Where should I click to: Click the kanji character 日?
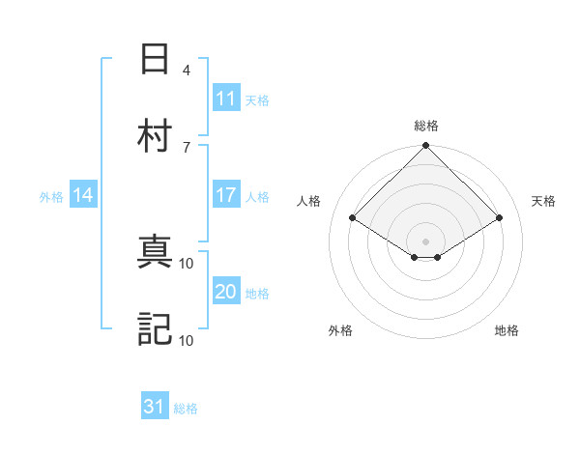pos(155,59)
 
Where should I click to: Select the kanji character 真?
pos(155,253)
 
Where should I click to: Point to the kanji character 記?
pos(155,328)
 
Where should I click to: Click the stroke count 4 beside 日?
pos(186,70)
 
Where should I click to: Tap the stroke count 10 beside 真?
pos(187,264)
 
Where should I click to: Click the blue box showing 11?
pos(225,98)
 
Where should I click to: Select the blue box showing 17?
pos(225,194)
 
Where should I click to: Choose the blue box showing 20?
pos(225,291)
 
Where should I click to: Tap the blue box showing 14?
pos(83,195)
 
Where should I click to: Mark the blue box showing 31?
pos(155,407)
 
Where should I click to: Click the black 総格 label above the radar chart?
pos(426,126)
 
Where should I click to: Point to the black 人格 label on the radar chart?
pos(309,201)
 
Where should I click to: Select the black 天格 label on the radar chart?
pos(543,201)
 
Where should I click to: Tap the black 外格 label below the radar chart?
pos(340,330)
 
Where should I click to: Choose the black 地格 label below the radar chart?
pos(507,330)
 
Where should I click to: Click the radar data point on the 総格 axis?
pos(426,147)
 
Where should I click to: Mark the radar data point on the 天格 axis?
pos(500,218)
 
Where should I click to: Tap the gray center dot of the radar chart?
pos(426,241)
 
